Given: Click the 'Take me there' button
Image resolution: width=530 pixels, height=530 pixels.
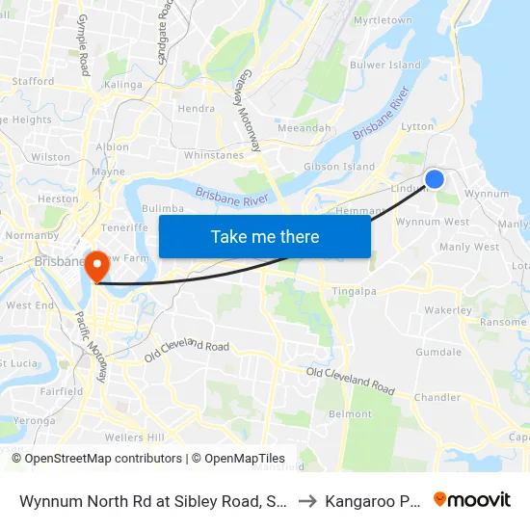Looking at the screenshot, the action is [265, 237].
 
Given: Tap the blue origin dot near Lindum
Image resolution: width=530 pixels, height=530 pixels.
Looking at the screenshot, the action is [435, 178].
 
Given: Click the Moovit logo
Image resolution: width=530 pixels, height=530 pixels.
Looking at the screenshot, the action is [472, 500].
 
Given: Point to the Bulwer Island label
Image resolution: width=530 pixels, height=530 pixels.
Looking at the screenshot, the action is [386, 66].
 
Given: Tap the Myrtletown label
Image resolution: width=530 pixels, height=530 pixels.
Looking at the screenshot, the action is [383, 20].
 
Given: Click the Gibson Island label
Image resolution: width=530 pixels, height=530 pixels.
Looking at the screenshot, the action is [339, 167].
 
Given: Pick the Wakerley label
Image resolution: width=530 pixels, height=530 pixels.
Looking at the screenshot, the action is [448, 311].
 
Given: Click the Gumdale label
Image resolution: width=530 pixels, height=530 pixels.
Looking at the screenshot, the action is [438, 353].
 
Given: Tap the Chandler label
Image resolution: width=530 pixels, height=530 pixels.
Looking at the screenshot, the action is [437, 397].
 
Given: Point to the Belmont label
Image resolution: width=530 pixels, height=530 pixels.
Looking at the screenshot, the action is [351, 414].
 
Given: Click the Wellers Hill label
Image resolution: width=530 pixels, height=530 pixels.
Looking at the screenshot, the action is [134, 437].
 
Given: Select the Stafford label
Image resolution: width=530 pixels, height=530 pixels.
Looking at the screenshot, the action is [34, 82].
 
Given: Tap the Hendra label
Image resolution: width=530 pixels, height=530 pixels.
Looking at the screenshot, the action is [196, 109].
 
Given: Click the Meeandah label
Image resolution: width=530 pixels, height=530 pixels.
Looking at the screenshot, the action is [304, 128].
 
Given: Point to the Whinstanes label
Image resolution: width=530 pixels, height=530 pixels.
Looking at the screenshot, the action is [214, 155].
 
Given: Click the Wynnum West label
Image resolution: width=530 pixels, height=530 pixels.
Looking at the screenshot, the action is [433, 222].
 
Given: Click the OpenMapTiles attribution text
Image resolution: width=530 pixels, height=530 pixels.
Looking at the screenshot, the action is [245, 459].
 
